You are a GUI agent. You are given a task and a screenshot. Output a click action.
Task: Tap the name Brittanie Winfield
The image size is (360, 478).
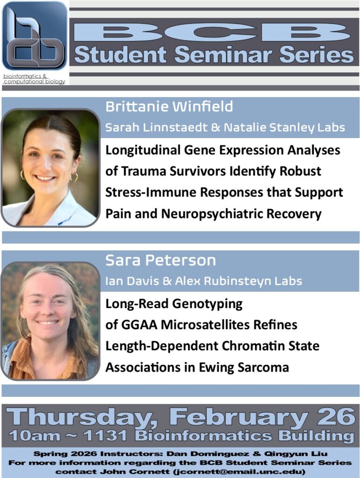click(x=169, y=107)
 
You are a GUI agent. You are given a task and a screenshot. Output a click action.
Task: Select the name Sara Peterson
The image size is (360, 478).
click(x=160, y=260)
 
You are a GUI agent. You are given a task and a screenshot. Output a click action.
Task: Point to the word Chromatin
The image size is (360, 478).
click(x=249, y=346)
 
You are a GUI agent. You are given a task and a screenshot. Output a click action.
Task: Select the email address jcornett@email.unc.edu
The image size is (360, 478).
click(x=243, y=471)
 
